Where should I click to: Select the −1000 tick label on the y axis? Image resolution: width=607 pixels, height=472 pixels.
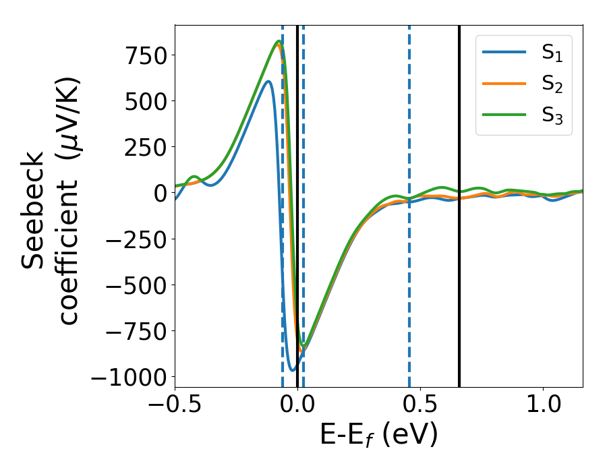(127, 377)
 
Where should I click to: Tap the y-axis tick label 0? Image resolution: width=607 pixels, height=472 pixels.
(159, 193)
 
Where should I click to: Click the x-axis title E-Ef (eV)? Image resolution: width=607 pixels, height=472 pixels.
(378, 436)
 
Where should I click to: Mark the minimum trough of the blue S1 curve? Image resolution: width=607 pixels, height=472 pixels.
(293, 370)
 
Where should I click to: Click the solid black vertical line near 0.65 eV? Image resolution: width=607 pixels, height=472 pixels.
(459, 202)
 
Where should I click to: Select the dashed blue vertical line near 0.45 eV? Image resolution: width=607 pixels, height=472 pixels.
(409, 270)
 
